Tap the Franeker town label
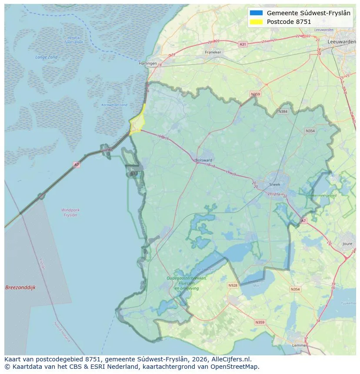[x=213, y=52]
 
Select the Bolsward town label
[x=204, y=160]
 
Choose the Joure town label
[x=347, y=244]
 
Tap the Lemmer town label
[x=300, y=345]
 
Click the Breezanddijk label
[x=20, y=288]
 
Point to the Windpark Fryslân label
[x=70, y=212]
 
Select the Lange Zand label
[x=46, y=57]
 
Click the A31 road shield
[x=243, y=44]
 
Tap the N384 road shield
[x=283, y=112]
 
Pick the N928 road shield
[x=233, y=285]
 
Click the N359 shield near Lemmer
[x=260, y=322]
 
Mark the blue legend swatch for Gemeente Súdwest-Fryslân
[x=257, y=13]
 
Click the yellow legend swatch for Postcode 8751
[x=257, y=22]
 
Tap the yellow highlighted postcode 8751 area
[x=137, y=124]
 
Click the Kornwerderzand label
[x=114, y=105]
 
